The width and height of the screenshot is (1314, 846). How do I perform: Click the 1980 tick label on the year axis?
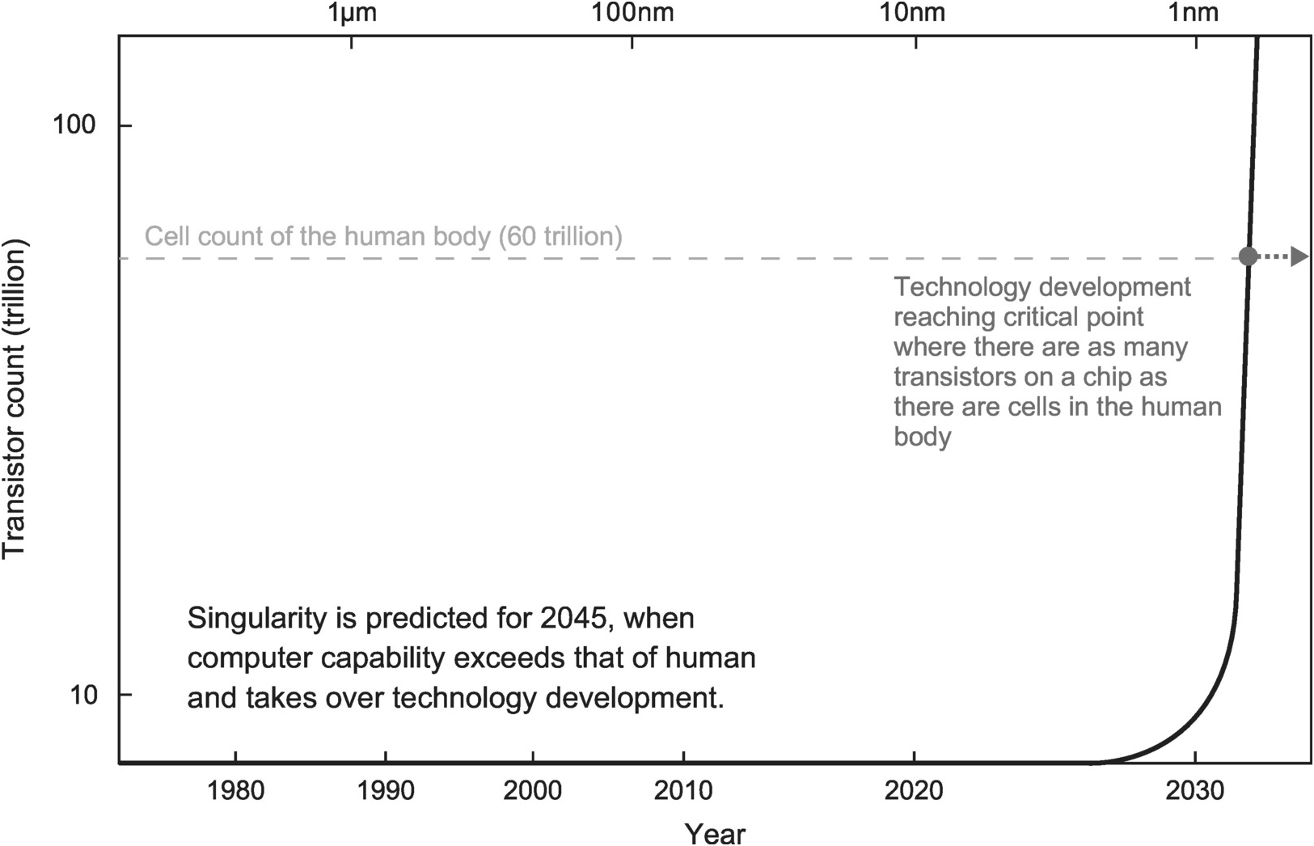pyautogui.click(x=235, y=790)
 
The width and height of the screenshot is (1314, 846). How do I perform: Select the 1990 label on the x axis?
pyautogui.click(x=386, y=790)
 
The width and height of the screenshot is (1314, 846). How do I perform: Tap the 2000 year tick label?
pyautogui.click(x=533, y=790)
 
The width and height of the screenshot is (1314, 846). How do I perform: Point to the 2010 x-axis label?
pyautogui.click(x=683, y=790)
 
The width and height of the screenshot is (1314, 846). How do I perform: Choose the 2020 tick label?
pyautogui.click(x=914, y=790)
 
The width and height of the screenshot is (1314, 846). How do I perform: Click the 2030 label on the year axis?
pyautogui.click(x=1194, y=790)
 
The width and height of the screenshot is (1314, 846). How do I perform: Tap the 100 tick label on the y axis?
pyautogui.click(x=74, y=125)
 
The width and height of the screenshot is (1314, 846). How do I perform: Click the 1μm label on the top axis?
pyautogui.click(x=352, y=13)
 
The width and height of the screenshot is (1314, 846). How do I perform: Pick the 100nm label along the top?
pyautogui.click(x=632, y=13)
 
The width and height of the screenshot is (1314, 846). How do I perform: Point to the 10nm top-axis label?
pyautogui.click(x=916, y=13)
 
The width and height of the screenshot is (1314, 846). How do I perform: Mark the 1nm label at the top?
pyautogui.click(x=1194, y=13)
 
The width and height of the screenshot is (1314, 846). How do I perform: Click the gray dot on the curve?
pyautogui.click(x=1249, y=257)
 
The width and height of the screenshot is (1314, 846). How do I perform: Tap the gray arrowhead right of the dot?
pyautogui.click(x=1299, y=257)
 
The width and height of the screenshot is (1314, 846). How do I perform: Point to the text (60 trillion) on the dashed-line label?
pyautogui.click(x=560, y=236)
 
